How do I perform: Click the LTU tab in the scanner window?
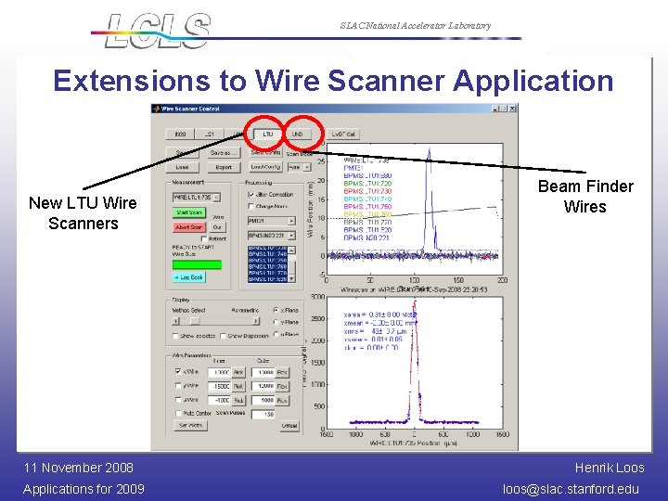coord(268,134)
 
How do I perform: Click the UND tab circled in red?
coord(298,134)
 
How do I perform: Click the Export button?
coord(223,168)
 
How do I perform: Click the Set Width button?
coord(189,425)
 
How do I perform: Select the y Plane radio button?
coord(276,322)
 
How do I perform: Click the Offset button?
coord(289,426)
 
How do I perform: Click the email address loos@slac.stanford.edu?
coord(571,489)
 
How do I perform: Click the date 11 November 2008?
coord(78,468)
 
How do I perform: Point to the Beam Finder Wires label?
coord(584,197)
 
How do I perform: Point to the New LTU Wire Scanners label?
coord(83,213)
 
